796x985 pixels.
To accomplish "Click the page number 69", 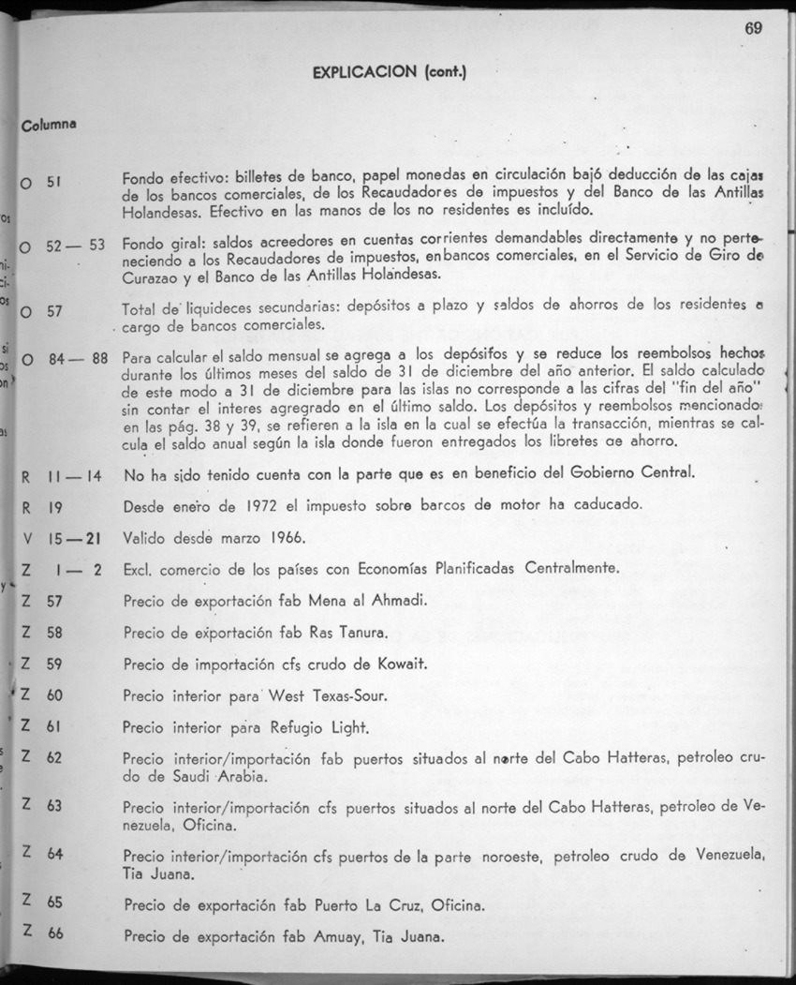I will [754, 27].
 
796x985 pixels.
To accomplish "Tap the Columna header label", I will [50, 125].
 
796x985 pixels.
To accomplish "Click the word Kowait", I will [403, 664].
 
